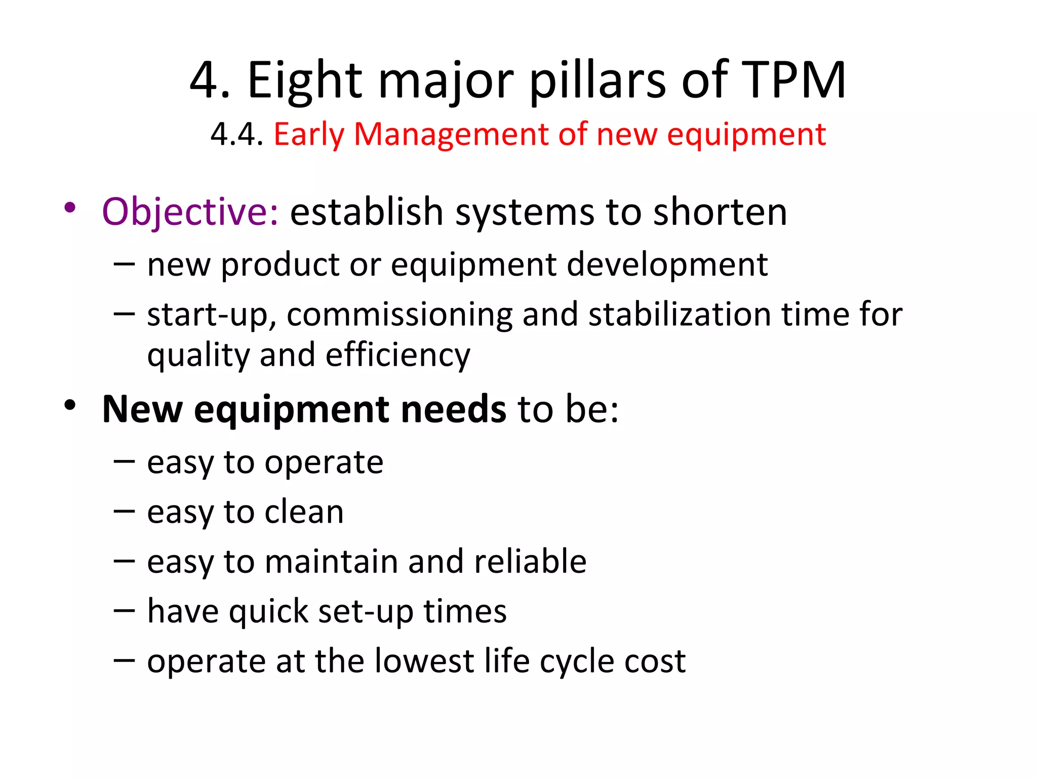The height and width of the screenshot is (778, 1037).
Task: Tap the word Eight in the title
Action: [x=305, y=80]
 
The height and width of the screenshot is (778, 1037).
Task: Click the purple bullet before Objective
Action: [x=70, y=208]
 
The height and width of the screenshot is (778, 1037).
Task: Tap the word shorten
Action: [x=720, y=212]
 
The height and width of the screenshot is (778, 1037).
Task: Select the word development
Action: [x=667, y=264]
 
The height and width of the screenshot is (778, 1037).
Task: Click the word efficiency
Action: [x=398, y=356]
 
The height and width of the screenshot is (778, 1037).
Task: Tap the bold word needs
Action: [x=453, y=409]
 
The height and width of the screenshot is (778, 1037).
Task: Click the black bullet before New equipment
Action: [x=70, y=405]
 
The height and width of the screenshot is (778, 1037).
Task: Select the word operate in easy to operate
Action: [x=324, y=463]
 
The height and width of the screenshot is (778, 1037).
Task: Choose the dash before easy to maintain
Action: [x=124, y=561]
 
